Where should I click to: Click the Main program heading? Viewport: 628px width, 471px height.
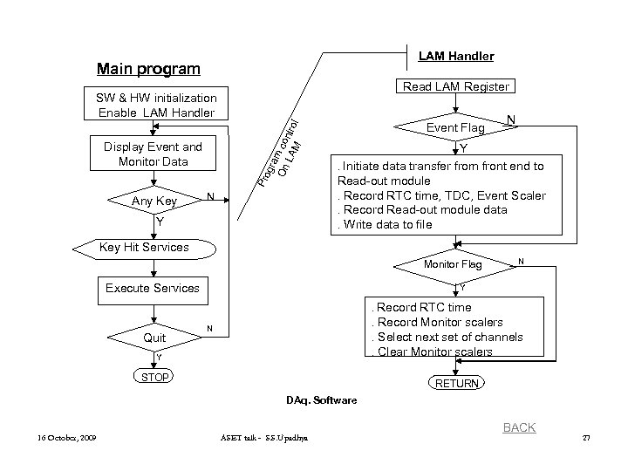click(148, 69)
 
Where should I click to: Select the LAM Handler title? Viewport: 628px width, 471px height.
click(455, 56)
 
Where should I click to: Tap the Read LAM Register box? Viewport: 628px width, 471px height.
click(455, 86)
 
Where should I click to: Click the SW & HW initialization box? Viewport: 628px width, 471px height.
click(158, 105)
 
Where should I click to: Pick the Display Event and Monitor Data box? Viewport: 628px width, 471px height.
click(153, 154)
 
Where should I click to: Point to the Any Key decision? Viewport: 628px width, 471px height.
click(154, 201)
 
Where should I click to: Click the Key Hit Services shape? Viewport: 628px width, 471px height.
click(144, 247)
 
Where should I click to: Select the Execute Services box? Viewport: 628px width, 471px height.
click(152, 288)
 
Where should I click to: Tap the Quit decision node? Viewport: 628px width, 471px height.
click(154, 338)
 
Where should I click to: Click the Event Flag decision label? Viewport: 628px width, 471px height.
click(454, 128)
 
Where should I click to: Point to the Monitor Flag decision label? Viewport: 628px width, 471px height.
click(452, 263)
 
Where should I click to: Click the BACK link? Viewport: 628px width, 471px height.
click(519, 427)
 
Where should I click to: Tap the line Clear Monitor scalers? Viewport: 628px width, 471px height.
click(433, 352)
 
